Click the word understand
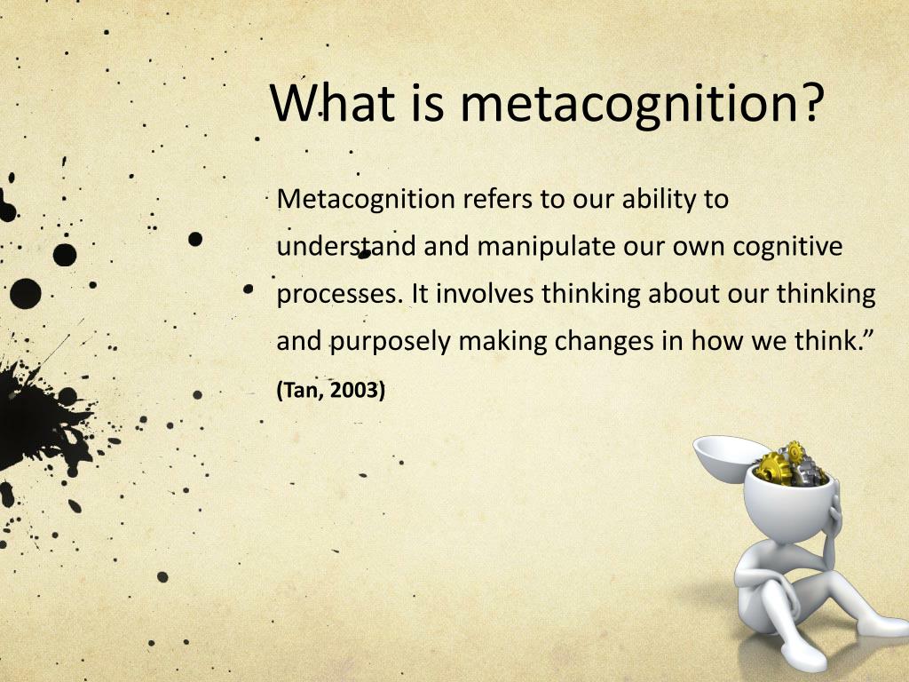point(345,246)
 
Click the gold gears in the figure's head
point(774,464)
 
